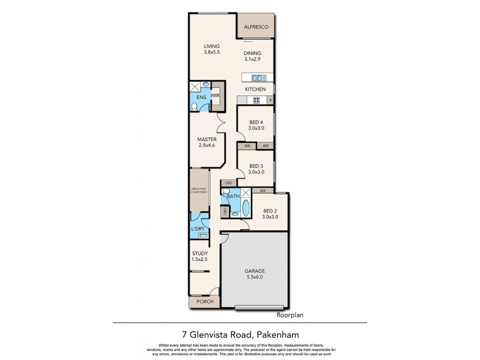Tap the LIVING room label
coord(211,46)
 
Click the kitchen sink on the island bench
coord(259,77)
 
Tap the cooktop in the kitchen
coord(259,100)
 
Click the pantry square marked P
coord(271,100)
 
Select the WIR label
coord(214,96)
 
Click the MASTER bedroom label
coord(206,139)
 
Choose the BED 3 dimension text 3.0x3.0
coord(256,172)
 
